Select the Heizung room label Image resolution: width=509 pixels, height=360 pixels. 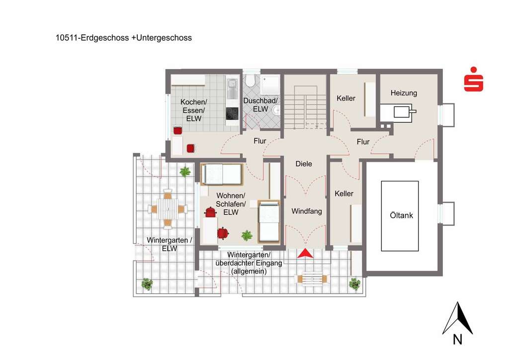tap(404, 93)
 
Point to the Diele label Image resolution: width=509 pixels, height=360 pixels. tap(303, 164)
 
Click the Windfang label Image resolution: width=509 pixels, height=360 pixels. tap(307, 211)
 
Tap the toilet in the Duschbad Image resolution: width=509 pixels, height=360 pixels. tap(251, 81)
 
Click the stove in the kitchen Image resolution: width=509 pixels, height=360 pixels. tap(232, 114)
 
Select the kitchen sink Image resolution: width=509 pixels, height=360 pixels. tap(232, 89)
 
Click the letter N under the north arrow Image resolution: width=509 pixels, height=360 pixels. tap(457, 340)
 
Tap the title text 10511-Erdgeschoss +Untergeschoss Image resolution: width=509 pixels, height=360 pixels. tap(124, 38)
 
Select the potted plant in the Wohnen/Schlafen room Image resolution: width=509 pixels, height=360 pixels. tap(247, 235)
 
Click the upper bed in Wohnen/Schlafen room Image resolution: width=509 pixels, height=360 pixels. tap(222, 174)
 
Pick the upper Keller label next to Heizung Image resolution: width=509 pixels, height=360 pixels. tap(346, 98)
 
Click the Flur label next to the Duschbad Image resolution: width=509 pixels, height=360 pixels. tap(260, 141)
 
